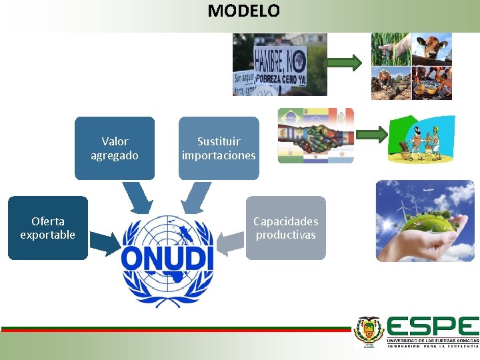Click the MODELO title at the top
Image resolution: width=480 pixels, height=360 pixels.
pyautogui.click(x=243, y=11)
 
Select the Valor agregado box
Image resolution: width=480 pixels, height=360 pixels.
pyautogui.click(x=115, y=149)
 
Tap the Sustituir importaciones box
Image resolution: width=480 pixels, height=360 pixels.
pyautogui.click(x=219, y=149)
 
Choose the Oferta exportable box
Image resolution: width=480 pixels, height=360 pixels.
pyautogui.click(x=47, y=228)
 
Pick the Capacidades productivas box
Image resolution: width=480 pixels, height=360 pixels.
pyautogui.click(x=286, y=228)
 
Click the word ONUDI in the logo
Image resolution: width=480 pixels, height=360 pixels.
pyautogui.click(x=167, y=257)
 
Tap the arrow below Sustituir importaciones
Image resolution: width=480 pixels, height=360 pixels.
pyautogui.click(x=194, y=197)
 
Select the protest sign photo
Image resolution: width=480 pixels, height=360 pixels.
pyautogui.click(x=279, y=65)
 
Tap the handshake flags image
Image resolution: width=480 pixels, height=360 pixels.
pyautogui.click(x=315, y=136)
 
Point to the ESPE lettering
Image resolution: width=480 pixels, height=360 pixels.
pyautogui.click(x=432, y=326)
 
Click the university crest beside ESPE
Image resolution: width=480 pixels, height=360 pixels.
pyautogui.click(x=369, y=331)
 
